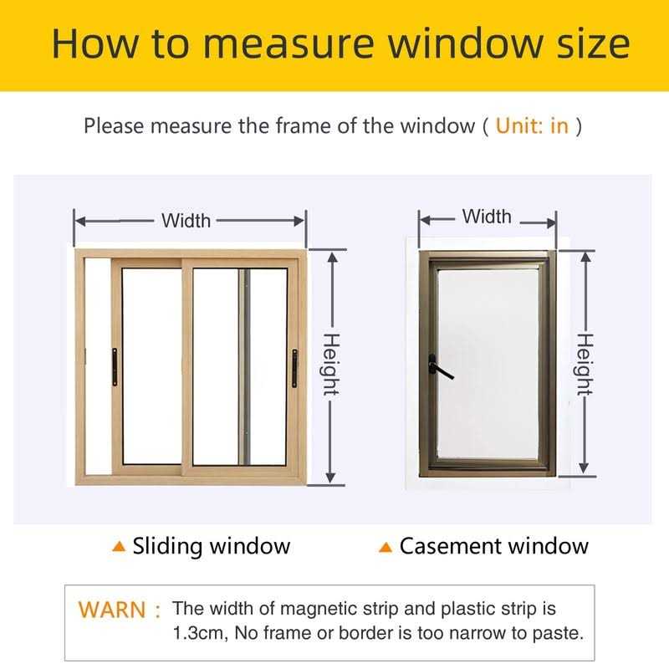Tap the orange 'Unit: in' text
[x=532, y=126]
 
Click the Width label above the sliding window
[x=186, y=221]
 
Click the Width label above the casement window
[x=487, y=217]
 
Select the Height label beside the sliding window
[x=332, y=365]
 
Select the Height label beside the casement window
[x=585, y=365]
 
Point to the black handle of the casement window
[x=439, y=366]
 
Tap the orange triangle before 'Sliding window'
[x=119, y=547]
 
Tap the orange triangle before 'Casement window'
[x=386, y=548]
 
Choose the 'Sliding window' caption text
[x=212, y=547]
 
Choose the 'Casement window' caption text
[x=494, y=547]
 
